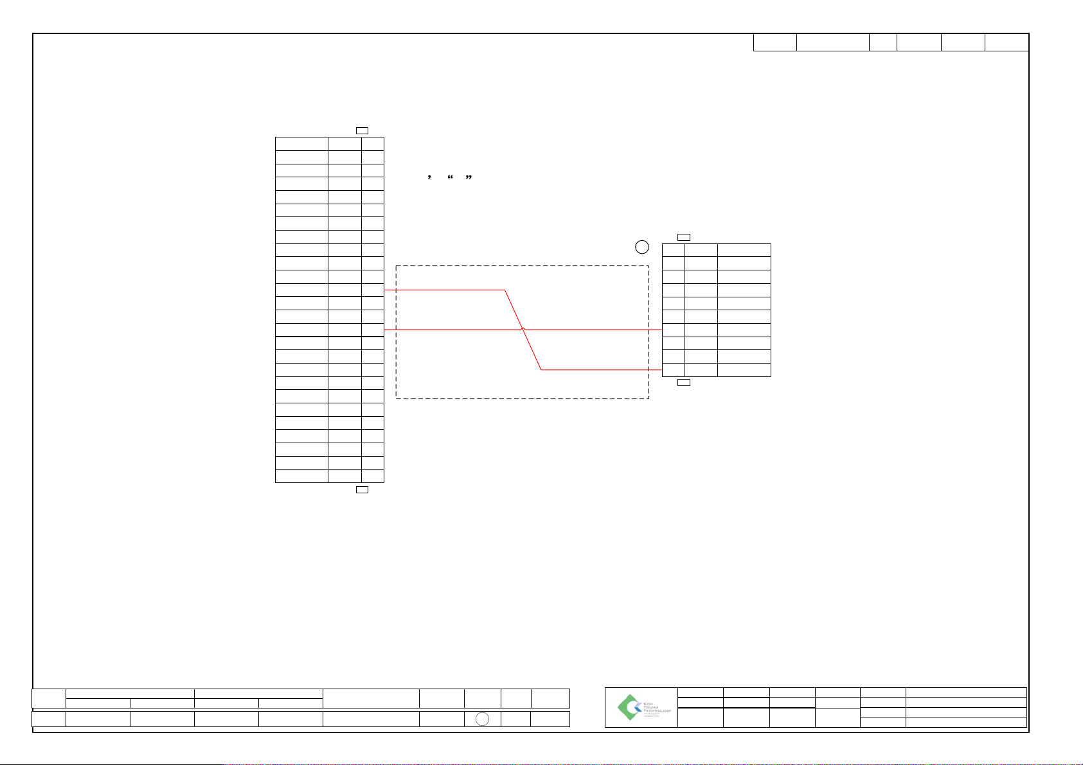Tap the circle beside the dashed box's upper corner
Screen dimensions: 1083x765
tap(641, 247)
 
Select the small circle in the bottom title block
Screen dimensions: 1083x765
tap(482, 719)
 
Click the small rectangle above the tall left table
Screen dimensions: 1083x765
tap(362, 130)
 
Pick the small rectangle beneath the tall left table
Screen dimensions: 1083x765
tap(362, 489)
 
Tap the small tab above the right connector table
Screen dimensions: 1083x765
tap(685, 238)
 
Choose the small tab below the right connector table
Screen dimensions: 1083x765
tap(685, 382)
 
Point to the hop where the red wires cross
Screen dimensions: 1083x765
tap(523, 330)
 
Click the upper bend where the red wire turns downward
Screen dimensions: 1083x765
tap(505, 290)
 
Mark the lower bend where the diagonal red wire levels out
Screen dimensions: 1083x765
tap(541, 370)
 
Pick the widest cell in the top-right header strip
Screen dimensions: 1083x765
tap(832, 42)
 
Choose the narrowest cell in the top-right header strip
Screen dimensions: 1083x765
tap(883, 42)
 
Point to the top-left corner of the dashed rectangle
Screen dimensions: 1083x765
tap(396, 265)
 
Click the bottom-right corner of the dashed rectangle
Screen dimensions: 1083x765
tap(649, 398)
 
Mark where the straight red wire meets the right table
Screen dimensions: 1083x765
tap(662, 330)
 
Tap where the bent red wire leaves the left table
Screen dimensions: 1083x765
tap(384, 290)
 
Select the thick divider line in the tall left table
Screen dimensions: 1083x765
tap(329, 337)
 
